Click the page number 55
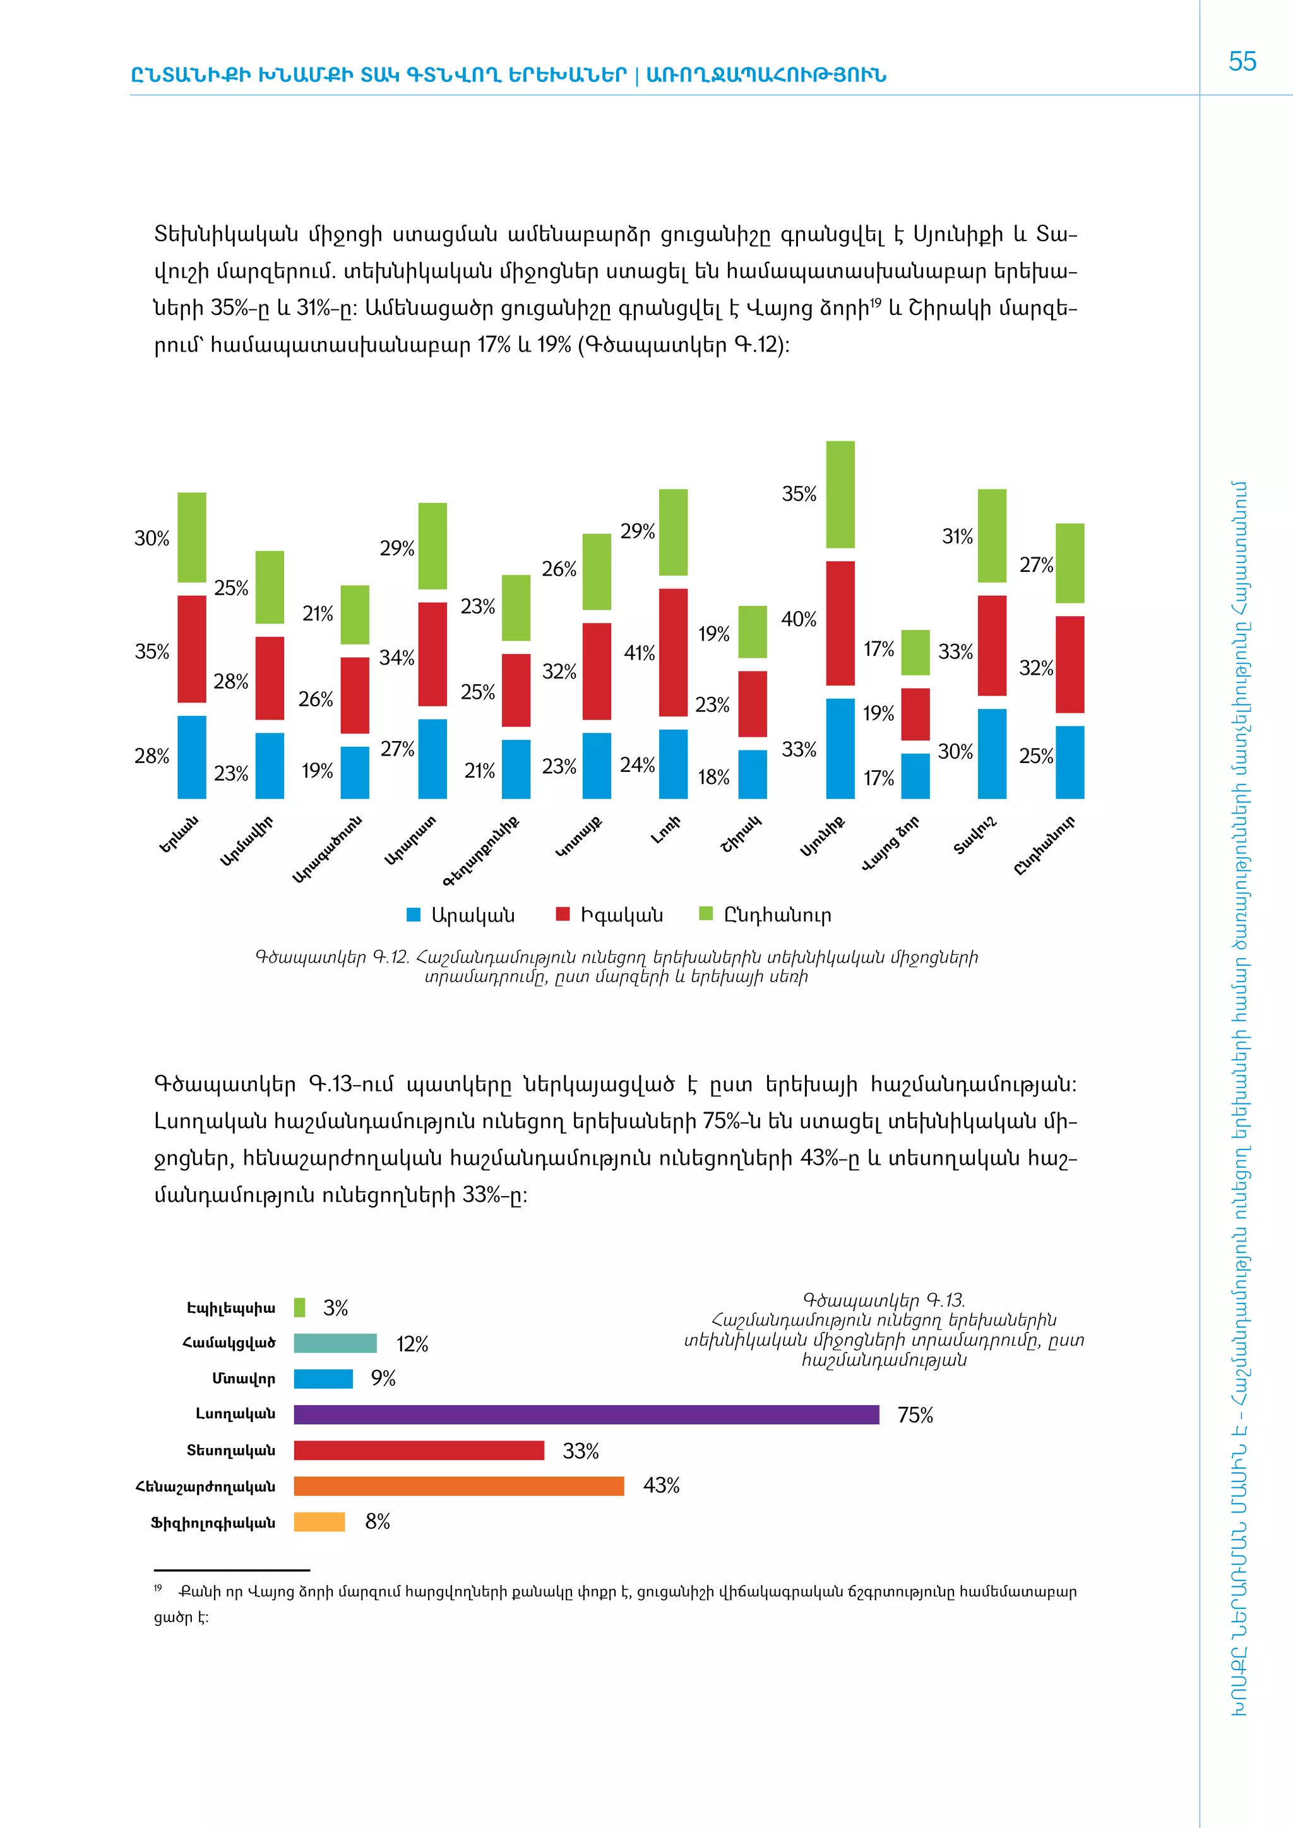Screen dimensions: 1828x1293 pos(1242,61)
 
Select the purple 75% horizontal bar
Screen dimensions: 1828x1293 pos(586,1414)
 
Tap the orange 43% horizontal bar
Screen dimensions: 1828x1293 pos(458,1486)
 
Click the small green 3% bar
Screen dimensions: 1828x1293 pos(299,1307)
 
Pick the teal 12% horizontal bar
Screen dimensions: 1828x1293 pos(335,1343)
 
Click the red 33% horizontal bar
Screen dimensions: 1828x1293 pos(419,1450)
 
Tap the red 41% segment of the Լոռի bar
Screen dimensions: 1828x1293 pos(673,652)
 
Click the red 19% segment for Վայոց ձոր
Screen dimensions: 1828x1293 pos(915,713)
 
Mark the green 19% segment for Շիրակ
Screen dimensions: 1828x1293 pos(753,632)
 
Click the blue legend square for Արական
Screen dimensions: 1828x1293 pos(414,915)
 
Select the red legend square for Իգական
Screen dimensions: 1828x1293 pos(563,914)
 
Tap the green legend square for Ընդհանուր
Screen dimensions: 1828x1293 pos(705,913)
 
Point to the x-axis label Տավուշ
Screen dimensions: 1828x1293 pos(975,835)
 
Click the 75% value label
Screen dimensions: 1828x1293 pos(915,1415)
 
